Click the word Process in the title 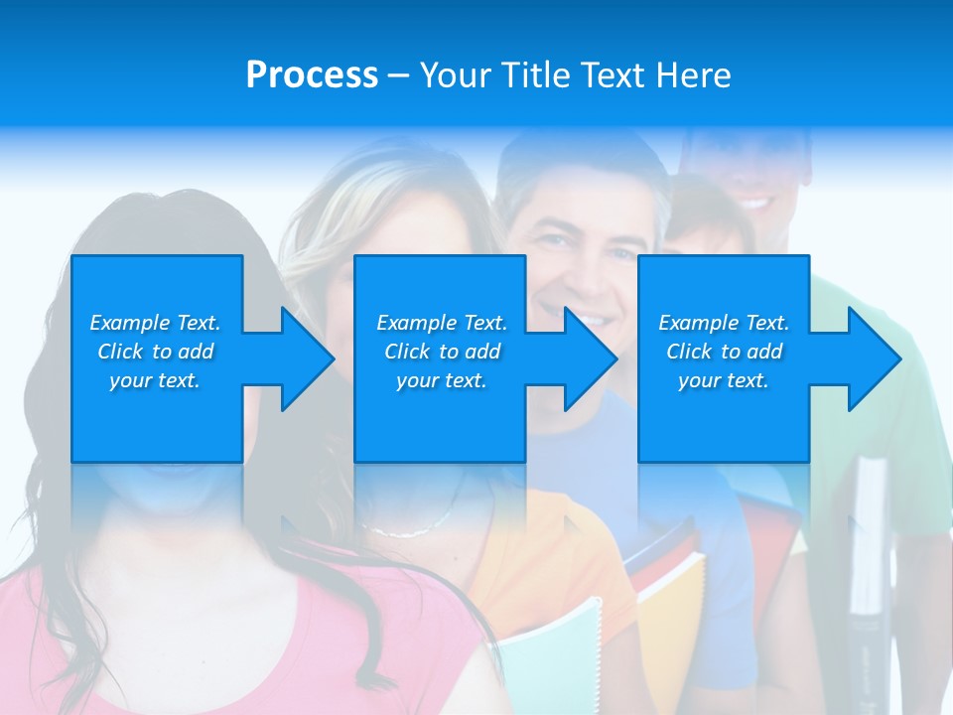(x=312, y=75)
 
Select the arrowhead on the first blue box (x=298, y=358)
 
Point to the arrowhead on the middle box (x=582, y=358)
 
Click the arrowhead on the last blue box (x=866, y=358)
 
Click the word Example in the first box (x=129, y=323)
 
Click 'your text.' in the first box (x=155, y=380)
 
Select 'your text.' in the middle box (x=441, y=380)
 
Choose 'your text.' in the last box (x=723, y=380)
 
